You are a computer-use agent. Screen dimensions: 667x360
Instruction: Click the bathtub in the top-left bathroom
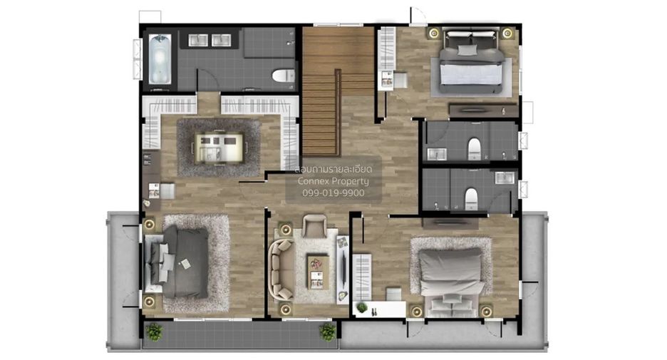[160, 59]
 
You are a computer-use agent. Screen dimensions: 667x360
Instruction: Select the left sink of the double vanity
[198, 40]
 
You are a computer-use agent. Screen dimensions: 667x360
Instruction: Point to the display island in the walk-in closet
[219, 148]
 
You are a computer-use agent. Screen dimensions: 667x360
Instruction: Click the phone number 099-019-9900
[333, 193]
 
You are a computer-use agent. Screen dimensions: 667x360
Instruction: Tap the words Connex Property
[333, 181]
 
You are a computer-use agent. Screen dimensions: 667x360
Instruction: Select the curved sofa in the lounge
[281, 269]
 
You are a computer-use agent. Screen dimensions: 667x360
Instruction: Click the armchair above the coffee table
[314, 226]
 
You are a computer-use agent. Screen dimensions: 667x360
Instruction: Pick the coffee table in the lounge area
[317, 272]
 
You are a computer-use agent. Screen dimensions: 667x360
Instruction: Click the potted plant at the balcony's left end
[153, 331]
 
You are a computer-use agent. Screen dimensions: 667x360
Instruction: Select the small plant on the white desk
[362, 307]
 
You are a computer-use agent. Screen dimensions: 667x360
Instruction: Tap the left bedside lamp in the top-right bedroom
[434, 33]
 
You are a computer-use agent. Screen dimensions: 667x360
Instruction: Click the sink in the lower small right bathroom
[505, 178]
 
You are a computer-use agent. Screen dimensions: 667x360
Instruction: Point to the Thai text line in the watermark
[333, 170]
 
